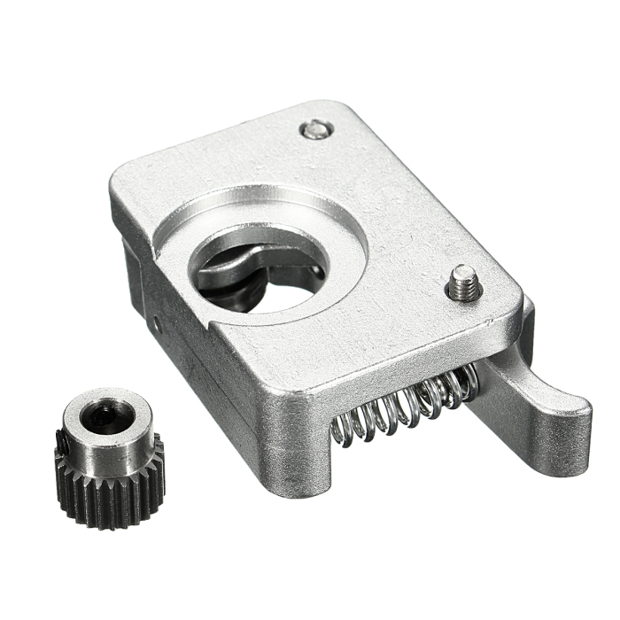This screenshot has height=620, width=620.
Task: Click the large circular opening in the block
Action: [x=266, y=266]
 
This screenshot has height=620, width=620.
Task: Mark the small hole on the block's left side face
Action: [x=157, y=325]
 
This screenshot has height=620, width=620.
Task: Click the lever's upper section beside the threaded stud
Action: [x=523, y=319]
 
